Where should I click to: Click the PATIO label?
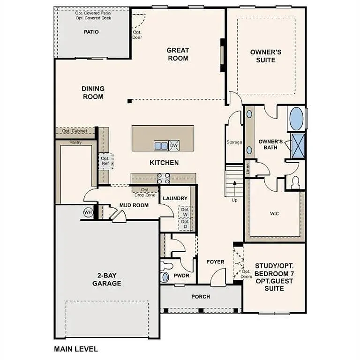[91, 32]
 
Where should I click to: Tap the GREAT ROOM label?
[178, 54]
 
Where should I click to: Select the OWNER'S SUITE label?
[266, 56]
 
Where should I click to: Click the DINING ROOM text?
[93, 92]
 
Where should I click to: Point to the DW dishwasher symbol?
[173, 146]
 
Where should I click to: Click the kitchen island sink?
[161, 146]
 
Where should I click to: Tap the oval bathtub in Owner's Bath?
[296, 119]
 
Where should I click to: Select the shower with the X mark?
[298, 146]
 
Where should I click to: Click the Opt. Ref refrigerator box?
[105, 161]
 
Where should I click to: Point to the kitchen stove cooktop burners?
[163, 178]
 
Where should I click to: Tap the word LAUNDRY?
[175, 199]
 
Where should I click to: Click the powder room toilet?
[165, 276]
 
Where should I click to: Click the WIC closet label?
[274, 214]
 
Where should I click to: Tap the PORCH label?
[201, 297]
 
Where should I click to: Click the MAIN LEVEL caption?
[76, 349]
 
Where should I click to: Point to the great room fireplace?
[223, 55]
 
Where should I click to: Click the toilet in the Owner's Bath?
[296, 183]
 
